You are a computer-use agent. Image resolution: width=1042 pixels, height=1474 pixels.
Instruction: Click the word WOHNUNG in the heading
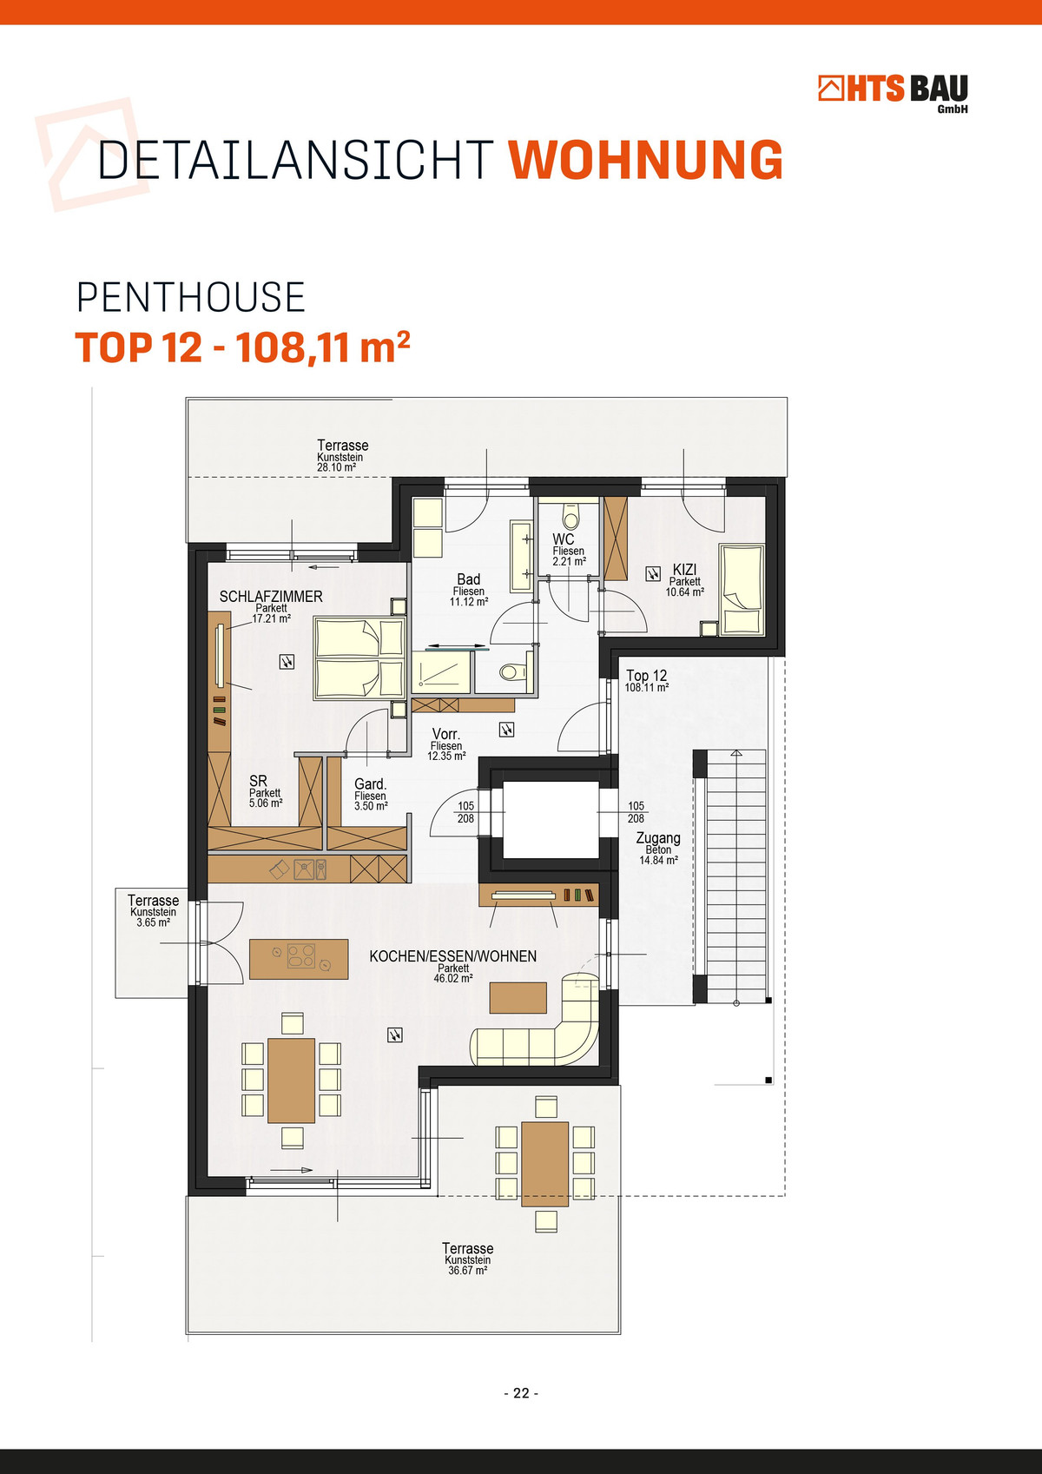645,160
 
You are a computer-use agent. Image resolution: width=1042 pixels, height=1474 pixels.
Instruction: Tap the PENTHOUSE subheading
191,297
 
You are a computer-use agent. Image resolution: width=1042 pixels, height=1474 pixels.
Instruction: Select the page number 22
521,1393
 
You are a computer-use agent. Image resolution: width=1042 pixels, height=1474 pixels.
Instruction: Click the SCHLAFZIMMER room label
271,596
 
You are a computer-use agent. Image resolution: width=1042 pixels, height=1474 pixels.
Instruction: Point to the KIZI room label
684,569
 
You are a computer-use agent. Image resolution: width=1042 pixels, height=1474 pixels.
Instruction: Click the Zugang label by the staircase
658,837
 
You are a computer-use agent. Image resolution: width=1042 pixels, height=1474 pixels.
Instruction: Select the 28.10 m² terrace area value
337,467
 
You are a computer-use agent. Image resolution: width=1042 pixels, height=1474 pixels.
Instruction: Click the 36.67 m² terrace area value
468,1270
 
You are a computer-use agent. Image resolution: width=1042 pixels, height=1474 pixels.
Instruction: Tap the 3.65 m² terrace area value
154,922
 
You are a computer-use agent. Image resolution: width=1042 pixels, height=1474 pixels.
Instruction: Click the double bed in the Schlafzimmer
359,658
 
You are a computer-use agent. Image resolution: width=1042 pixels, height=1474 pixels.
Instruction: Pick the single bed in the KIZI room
742,589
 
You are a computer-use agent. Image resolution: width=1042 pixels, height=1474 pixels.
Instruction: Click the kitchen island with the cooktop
299,960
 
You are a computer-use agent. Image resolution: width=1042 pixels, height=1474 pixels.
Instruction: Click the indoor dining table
292,1080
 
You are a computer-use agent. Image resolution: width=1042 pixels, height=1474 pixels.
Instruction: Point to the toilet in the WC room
570,518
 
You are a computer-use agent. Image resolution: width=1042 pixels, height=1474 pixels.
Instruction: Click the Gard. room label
371,784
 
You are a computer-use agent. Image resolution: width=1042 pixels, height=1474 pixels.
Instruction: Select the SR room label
258,781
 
